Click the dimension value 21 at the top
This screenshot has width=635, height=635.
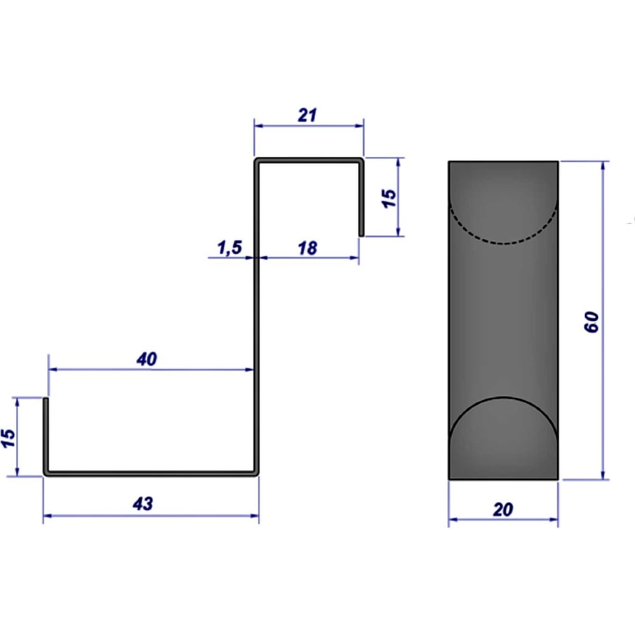click(307, 116)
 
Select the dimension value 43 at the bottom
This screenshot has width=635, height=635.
click(143, 504)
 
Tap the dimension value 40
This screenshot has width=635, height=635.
click(147, 359)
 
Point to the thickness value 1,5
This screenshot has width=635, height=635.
click(230, 248)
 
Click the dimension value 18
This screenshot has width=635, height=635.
click(307, 248)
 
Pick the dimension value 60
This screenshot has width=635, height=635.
click(592, 322)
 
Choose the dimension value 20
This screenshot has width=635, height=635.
click(503, 509)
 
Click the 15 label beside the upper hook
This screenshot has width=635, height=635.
click(389, 198)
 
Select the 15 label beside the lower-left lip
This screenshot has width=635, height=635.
click(8, 438)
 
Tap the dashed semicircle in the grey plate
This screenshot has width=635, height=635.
click(504, 243)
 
